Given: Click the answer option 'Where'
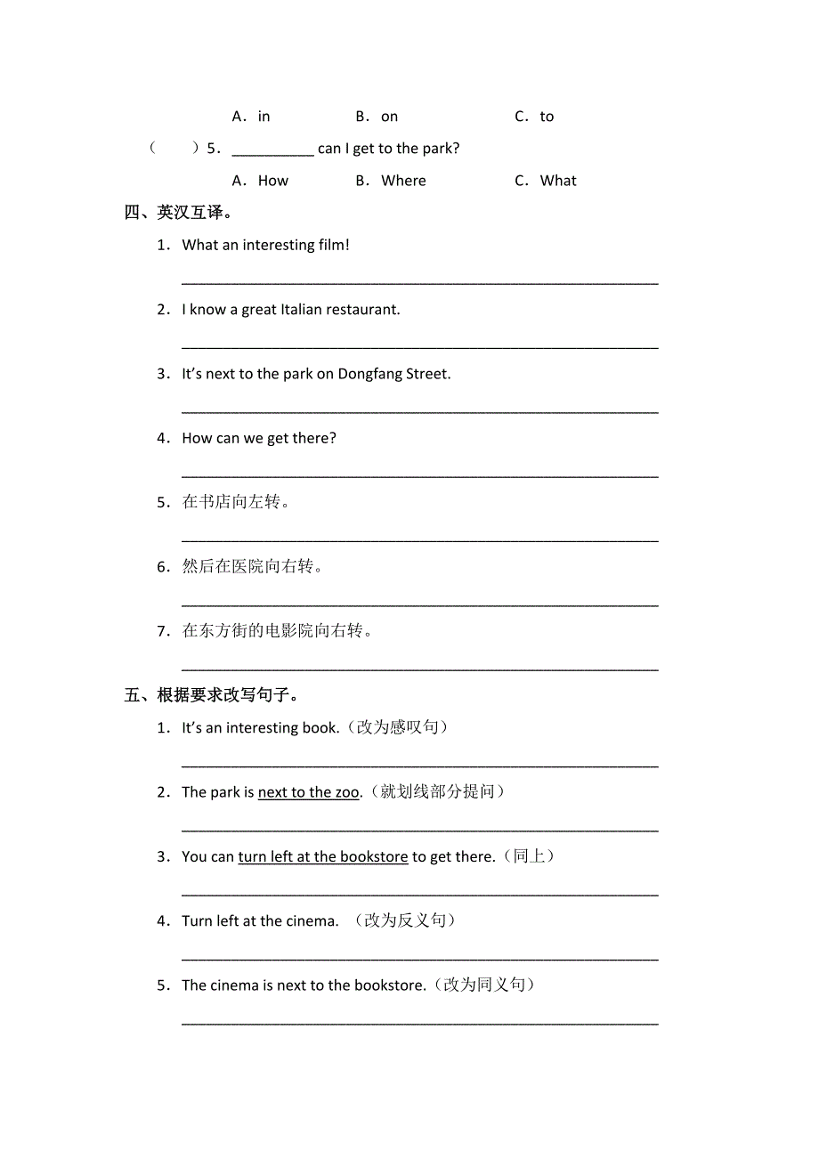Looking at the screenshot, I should (x=403, y=181).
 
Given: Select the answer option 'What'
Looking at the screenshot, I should (x=558, y=181).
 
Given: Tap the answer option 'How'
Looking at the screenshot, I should (x=272, y=181).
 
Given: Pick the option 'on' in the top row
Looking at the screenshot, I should (x=389, y=117).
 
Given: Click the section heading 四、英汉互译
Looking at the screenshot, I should (x=179, y=213).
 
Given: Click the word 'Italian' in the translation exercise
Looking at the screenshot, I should (x=301, y=310).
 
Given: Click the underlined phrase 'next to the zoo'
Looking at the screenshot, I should (x=309, y=792).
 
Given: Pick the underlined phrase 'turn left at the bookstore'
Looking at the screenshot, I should (x=323, y=856).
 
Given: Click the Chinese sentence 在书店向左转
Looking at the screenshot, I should (x=236, y=502).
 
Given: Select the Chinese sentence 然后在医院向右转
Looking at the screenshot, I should (x=252, y=567).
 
